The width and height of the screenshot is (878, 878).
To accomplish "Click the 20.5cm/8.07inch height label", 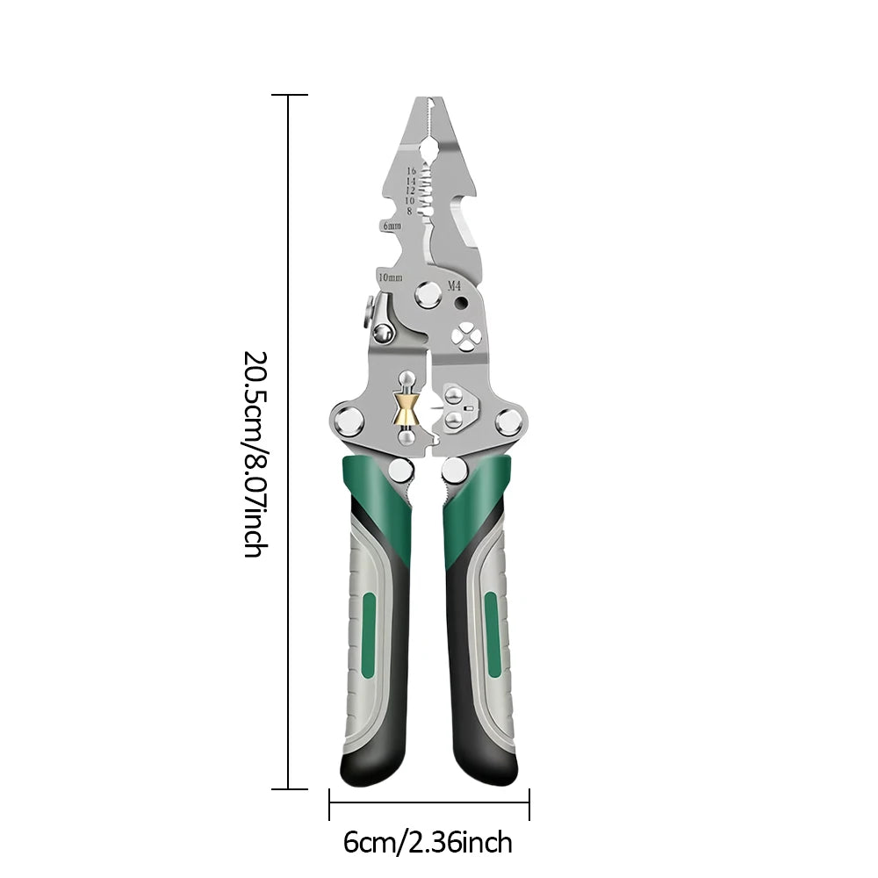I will click(x=254, y=454).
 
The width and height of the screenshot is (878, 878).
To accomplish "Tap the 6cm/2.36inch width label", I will click(x=428, y=843).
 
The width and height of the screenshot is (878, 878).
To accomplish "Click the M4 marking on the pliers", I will click(x=454, y=285).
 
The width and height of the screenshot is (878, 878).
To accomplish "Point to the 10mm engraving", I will click(x=390, y=277).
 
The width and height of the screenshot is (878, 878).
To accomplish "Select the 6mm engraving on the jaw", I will click(x=391, y=226).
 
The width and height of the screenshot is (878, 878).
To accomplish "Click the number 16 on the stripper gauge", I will click(x=411, y=171).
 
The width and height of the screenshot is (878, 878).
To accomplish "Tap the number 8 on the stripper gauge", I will click(x=409, y=210).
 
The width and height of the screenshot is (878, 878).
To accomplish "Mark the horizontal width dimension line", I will click(x=429, y=802).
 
